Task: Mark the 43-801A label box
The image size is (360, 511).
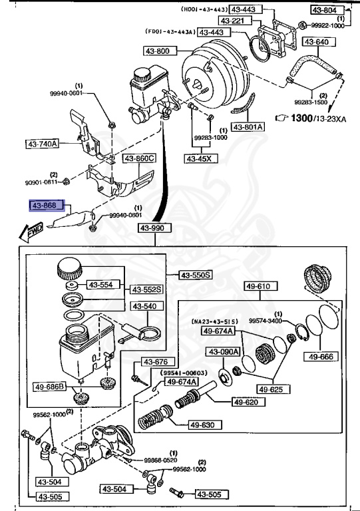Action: point(248,126)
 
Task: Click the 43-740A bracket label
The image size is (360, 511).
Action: point(43,143)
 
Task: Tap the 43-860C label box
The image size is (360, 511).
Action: point(138,158)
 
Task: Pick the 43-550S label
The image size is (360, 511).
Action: point(196,275)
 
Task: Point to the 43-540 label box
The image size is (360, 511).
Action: point(144,307)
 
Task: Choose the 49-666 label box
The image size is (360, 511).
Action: point(319,357)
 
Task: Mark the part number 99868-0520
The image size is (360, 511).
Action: point(160,460)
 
